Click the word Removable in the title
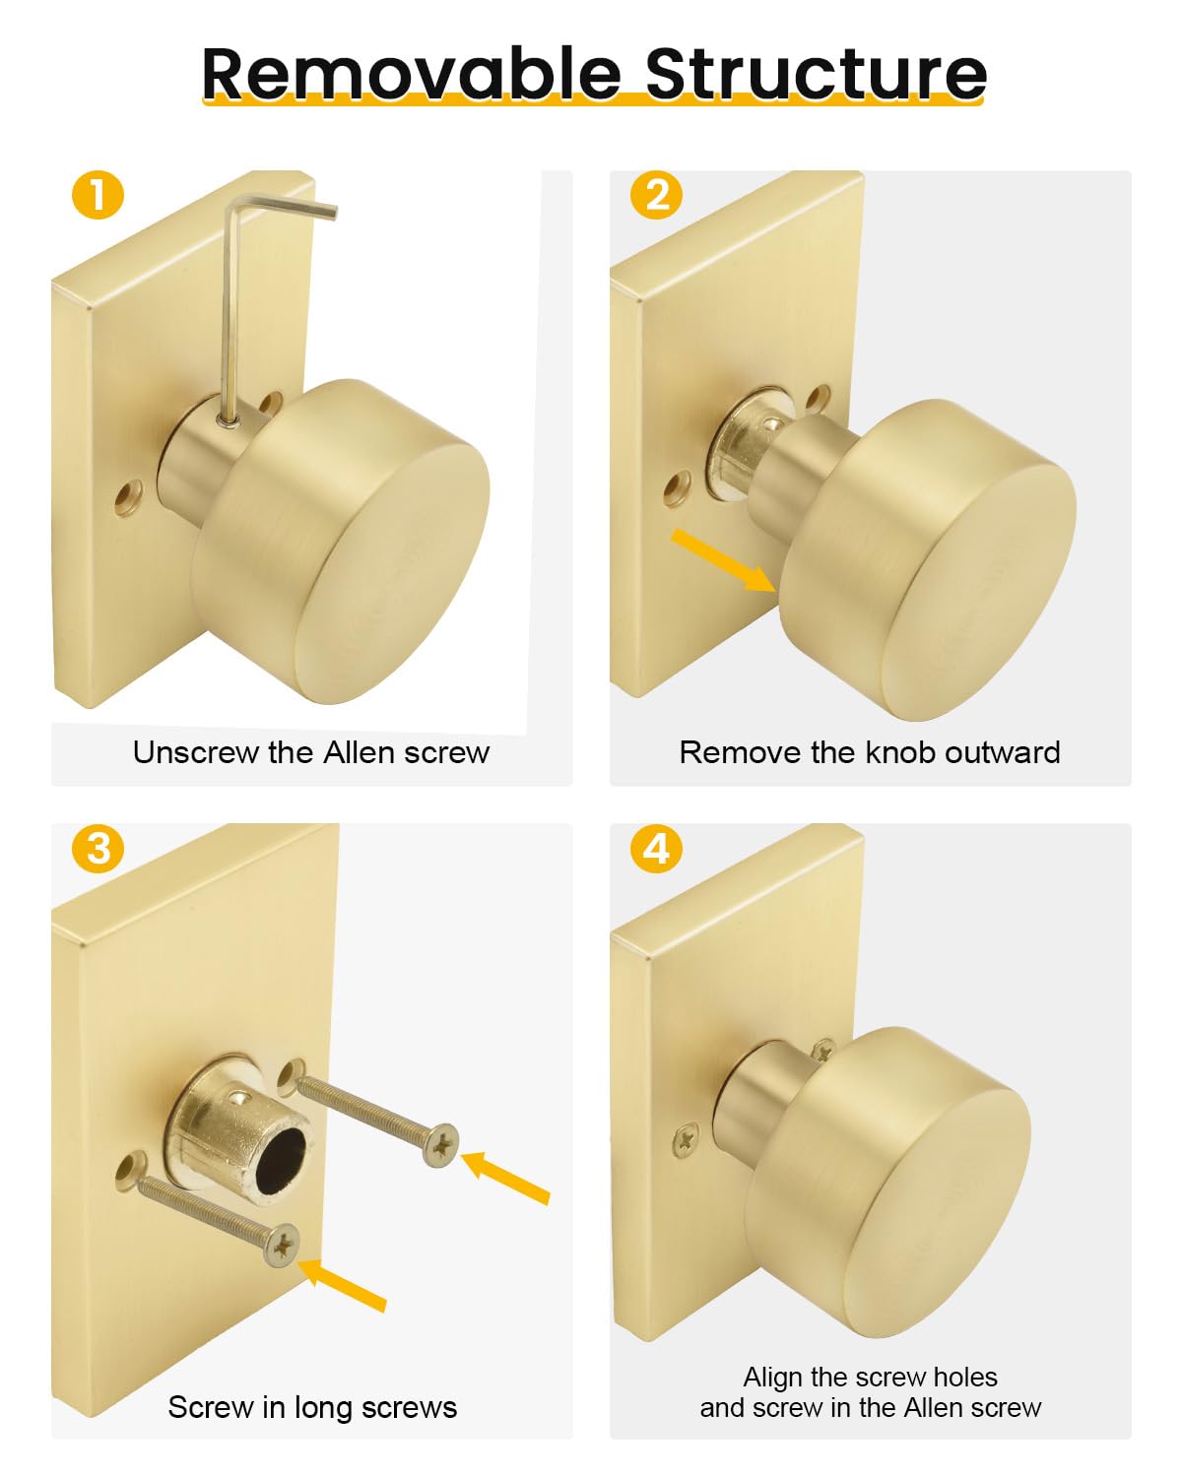pyautogui.click(x=411, y=74)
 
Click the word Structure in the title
pyautogui.click(x=816, y=74)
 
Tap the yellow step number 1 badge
pyautogui.click(x=98, y=194)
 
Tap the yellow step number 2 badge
pyautogui.click(x=656, y=194)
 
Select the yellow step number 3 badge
pyautogui.click(x=98, y=849)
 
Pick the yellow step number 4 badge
pyautogui.click(x=656, y=849)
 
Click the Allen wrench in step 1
pyautogui.click(x=233, y=309)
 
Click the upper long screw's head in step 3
pyautogui.click(x=440, y=1145)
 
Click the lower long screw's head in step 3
pyautogui.click(x=282, y=1246)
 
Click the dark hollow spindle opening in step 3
pyautogui.click(x=280, y=1161)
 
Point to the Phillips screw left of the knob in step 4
pyautogui.click(x=685, y=1140)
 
